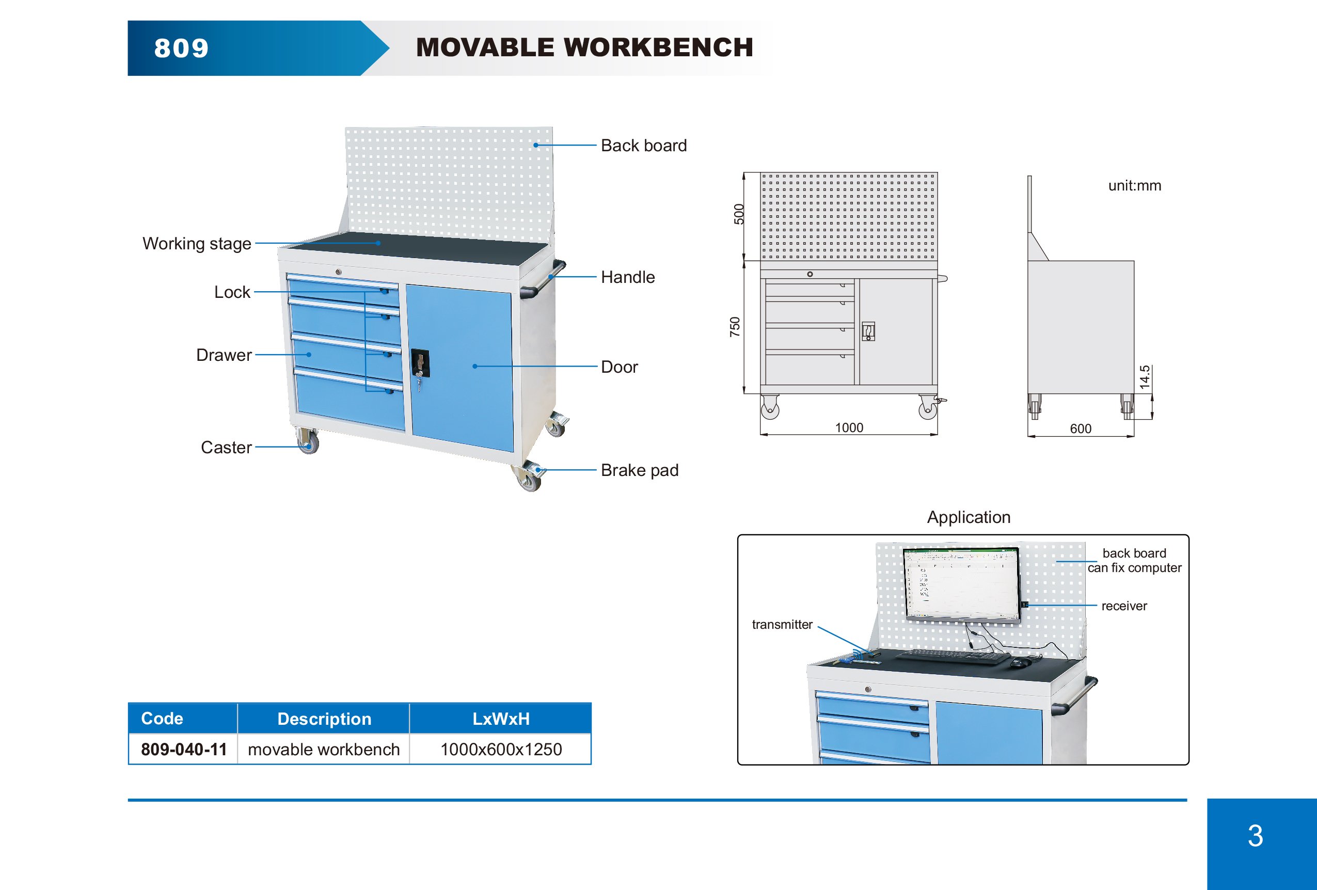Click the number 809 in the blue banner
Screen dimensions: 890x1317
point(181,48)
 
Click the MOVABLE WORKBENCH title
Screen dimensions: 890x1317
point(584,47)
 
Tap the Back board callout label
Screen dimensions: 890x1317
point(643,146)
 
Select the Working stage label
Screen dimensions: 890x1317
point(197,244)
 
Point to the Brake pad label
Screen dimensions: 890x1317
point(639,470)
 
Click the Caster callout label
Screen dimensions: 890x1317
point(226,448)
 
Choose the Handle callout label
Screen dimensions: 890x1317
point(627,277)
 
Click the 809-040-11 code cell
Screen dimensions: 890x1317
point(184,750)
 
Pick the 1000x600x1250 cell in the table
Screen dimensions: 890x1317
point(501,750)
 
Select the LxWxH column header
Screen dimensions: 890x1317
point(501,719)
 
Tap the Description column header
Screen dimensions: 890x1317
point(324,719)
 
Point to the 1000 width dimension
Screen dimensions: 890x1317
point(849,428)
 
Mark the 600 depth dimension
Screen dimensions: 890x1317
point(1080,429)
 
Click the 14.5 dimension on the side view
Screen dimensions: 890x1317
point(1144,377)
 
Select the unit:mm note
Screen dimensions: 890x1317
point(1135,186)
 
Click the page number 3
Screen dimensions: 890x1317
point(1255,836)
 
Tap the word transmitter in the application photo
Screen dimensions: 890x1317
point(782,624)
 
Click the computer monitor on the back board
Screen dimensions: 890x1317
point(962,584)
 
